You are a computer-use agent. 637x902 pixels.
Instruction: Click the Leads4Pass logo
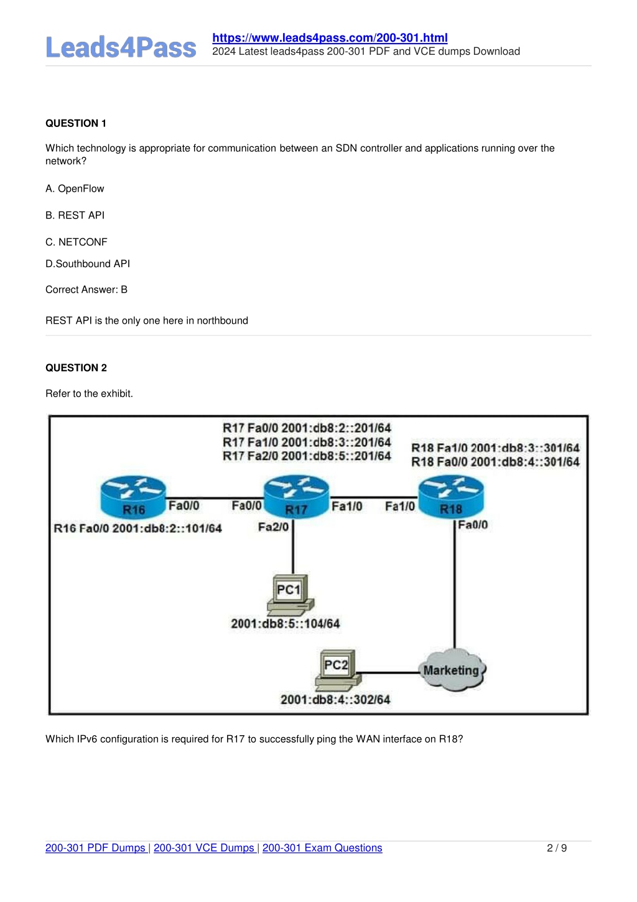pyautogui.click(x=121, y=47)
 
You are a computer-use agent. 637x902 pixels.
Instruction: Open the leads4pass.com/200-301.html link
pyautogui.click(x=330, y=38)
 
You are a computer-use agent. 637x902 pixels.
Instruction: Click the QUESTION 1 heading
pyautogui.click(x=76, y=123)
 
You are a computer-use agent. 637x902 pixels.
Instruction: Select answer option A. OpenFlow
pyautogui.click(x=75, y=189)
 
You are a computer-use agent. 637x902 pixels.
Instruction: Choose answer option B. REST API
pyautogui.click(x=75, y=215)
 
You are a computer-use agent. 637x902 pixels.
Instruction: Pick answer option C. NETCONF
pyautogui.click(x=77, y=242)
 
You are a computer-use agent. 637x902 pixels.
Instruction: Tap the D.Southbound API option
pyautogui.click(x=88, y=263)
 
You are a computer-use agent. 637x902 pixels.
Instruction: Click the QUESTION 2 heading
pyautogui.click(x=76, y=367)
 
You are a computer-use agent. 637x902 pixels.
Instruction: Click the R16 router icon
pyautogui.click(x=133, y=497)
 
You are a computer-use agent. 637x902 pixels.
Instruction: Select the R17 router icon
pyautogui.click(x=296, y=497)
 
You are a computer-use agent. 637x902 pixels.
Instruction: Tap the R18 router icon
pyautogui.click(x=450, y=497)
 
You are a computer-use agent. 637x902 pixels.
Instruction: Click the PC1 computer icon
pyautogui.click(x=291, y=594)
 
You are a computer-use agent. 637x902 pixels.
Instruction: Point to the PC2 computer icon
pyautogui.click(x=338, y=670)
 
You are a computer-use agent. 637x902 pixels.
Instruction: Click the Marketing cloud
pyautogui.click(x=452, y=670)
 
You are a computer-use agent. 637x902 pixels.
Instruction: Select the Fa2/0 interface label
pyautogui.click(x=273, y=527)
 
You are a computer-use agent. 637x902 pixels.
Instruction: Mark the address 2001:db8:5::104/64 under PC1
pyautogui.click(x=286, y=624)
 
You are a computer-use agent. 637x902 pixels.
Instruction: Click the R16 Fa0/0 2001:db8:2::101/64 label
pyautogui.click(x=137, y=529)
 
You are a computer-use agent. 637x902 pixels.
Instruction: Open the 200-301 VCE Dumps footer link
pyautogui.click(x=204, y=848)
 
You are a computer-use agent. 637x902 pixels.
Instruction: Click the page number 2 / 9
pyautogui.click(x=557, y=848)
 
